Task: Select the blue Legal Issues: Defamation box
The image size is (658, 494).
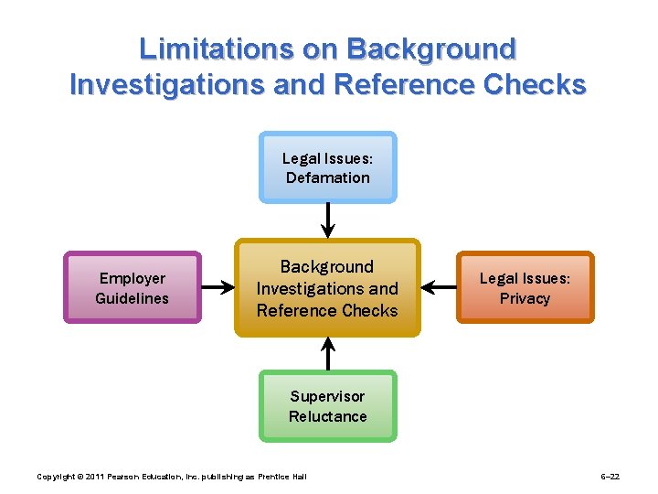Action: click(x=328, y=166)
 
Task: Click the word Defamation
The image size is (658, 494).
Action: click(x=328, y=177)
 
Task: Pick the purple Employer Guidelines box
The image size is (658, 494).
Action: click(x=132, y=287)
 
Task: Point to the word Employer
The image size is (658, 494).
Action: click(x=133, y=278)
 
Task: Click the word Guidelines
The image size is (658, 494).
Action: click(x=133, y=298)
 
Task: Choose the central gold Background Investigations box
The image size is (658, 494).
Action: click(x=327, y=288)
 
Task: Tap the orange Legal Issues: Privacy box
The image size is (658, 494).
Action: click(x=525, y=287)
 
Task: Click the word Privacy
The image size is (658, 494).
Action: click(x=525, y=298)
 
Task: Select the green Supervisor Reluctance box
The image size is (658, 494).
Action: click(x=328, y=406)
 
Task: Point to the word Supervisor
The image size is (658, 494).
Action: click(x=327, y=396)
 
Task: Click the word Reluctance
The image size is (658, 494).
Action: click(x=328, y=416)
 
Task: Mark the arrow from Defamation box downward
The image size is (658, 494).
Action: click(x=328, y=220)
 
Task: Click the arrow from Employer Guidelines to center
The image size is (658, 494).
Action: click(x=218, y=287)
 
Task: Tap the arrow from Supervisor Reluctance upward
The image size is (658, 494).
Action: click(x=328, y=353)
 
